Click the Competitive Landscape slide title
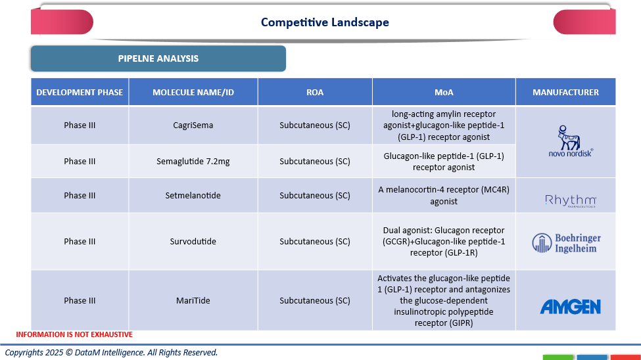pos(325,22)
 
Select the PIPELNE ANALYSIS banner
pos(158,58)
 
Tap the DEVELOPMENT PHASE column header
pos(80,92)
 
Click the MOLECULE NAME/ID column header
pos(193,92)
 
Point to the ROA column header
pos(315,92)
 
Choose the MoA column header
pos(444,92)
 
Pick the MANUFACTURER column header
pos(565,92)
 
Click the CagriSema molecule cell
pos(193,125)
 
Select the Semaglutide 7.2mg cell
pos(193,161)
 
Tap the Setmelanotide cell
pos(193,195)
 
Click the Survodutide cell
pos(193,241)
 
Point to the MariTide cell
pos(193,300)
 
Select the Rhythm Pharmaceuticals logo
pos(570,200)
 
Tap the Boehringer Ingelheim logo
pos(566,242)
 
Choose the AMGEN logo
pos(570,306)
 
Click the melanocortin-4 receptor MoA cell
pos(444,196)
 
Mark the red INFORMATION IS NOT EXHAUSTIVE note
pos(74,334)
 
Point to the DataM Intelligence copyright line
pos(111,353)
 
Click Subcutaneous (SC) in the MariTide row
pos(315,300)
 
